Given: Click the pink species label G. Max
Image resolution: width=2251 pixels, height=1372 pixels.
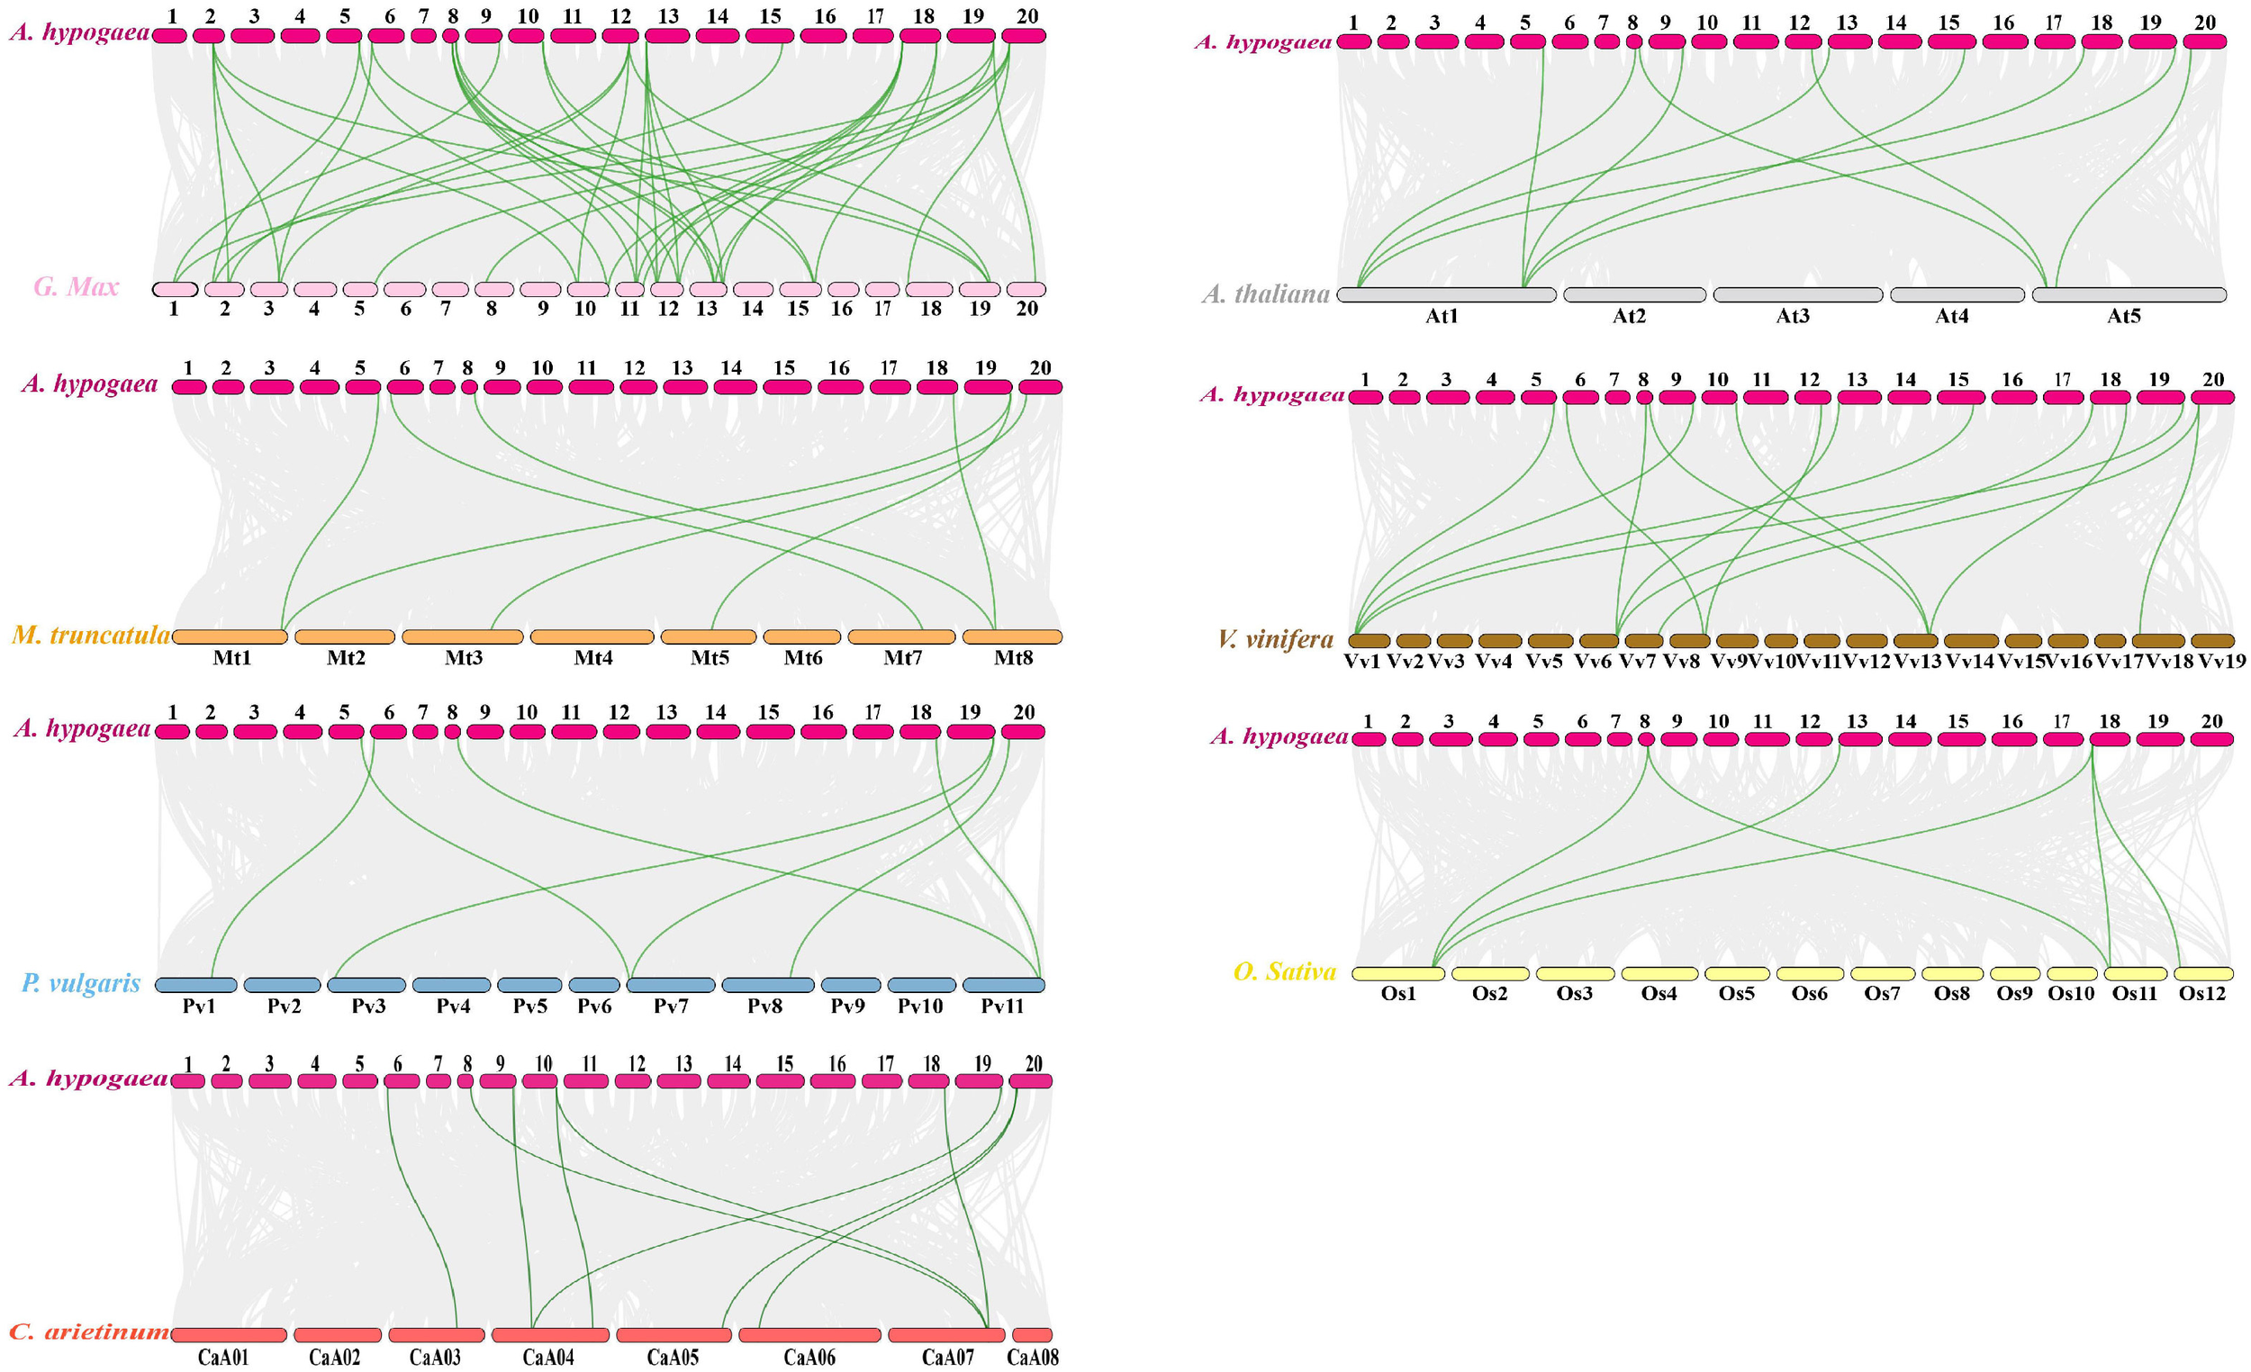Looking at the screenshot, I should pyautogui.click(x=77, y=287).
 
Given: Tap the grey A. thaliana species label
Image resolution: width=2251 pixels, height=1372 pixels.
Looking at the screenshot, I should pyautogui.click(x=1265, y=294).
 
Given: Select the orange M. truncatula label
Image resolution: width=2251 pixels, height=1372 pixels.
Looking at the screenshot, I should pyautogui.click(x=90, y=635).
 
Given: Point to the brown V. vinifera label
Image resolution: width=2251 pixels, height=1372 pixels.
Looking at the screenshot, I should pyautogui.click(x=1275, y=639).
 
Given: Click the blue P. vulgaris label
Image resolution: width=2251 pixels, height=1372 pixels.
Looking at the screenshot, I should pyautogui.click(x=81, y=983).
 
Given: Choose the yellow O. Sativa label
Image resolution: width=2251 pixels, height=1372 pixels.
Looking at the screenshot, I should pyautogui.click(x=1285, y=972).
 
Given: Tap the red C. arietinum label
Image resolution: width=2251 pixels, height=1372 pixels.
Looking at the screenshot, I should pyautogui.click(x=88, y=1331).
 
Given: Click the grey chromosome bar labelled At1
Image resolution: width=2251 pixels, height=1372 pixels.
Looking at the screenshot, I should pyautogui.click(x=1445, y=295).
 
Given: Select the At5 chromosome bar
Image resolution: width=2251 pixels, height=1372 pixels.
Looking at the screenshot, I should pyautogui.click(x=2129, y=295).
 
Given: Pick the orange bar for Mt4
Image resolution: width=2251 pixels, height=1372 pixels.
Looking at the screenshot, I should pyautogui.click(x=592, y=636).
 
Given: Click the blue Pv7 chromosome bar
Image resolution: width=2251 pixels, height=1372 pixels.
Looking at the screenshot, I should pyautogui.click(x=671, y=985).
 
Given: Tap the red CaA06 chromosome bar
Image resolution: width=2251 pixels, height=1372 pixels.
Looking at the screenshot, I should pyautogui.click(x=809, y=1335).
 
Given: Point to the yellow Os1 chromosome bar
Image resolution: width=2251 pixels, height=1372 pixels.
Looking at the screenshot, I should pyautogui.click(x=1397, y=974).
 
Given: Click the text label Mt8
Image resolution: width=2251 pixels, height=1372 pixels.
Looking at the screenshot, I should pyautogui.click(x=1013, y=658).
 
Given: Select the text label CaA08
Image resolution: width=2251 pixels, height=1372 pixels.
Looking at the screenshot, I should pyautogui.click(x=1033, y=1358).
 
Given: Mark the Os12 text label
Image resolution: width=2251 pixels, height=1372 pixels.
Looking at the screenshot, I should pyautogui.click(x=2201, y=994).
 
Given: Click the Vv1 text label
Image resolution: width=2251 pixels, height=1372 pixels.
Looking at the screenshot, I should pyautogui.click(x=1362, y=662).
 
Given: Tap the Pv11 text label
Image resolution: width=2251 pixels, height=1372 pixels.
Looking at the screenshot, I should pyautogui.click(x=1002, y=1006).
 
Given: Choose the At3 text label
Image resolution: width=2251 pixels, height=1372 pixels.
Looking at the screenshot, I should pyautogui.click(x=1793, y=316).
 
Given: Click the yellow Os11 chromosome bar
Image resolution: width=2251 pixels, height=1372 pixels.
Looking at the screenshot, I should pyautogui.click(x=2136, y=974).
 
